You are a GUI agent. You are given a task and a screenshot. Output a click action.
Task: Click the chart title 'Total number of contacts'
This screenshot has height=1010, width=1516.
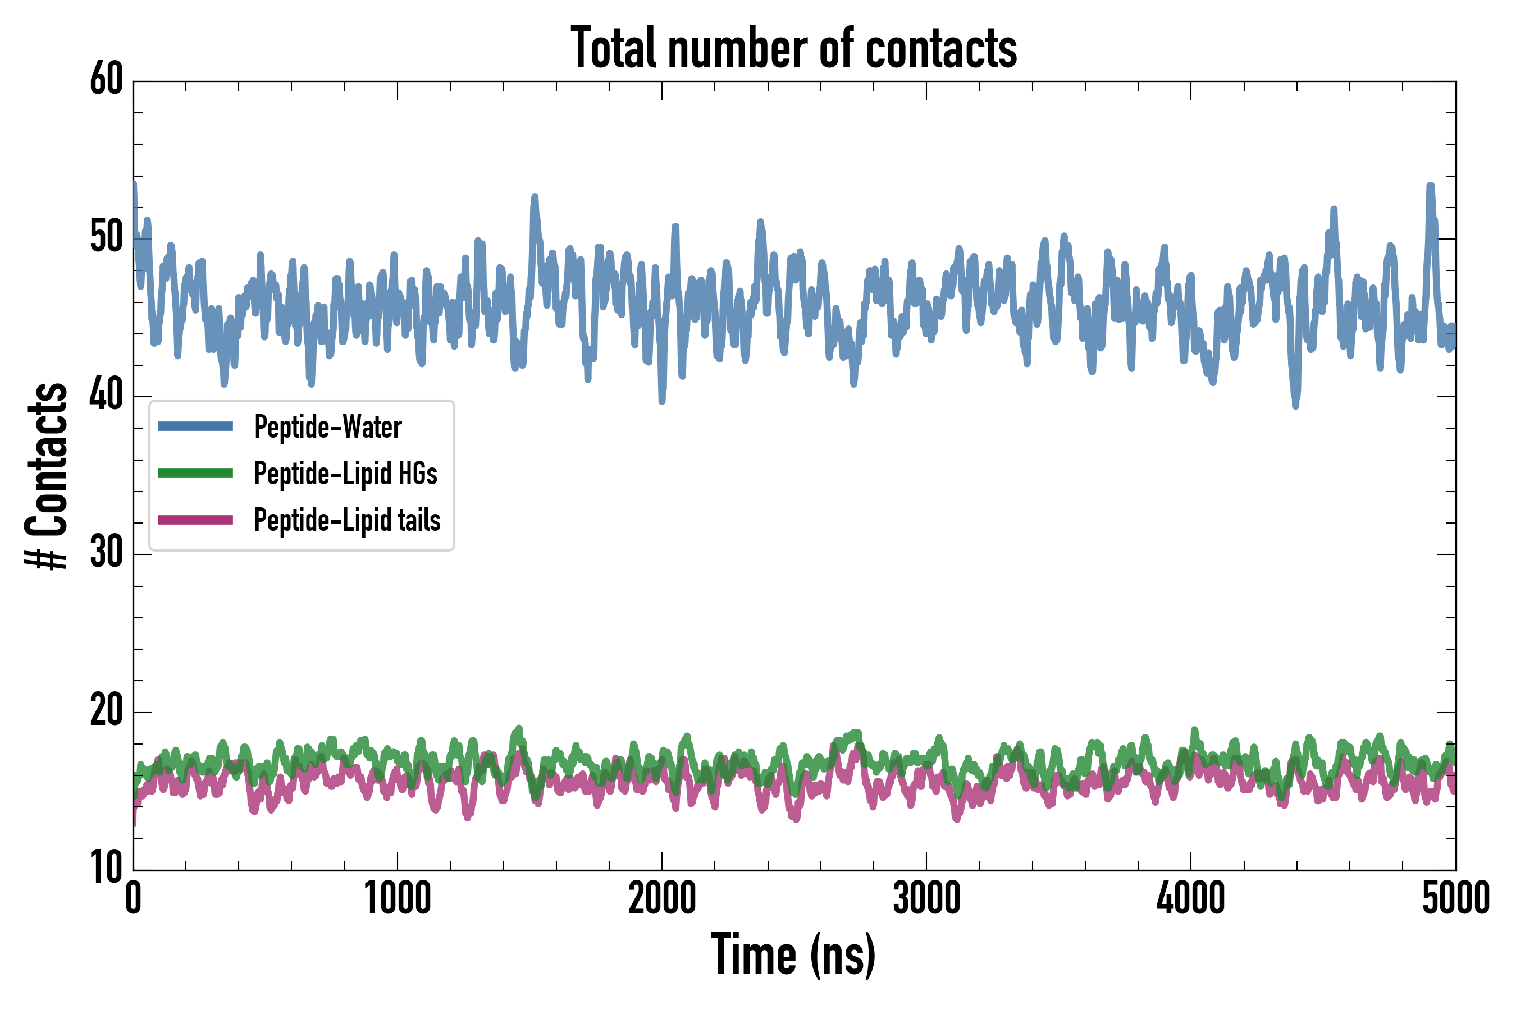tap(793, 48)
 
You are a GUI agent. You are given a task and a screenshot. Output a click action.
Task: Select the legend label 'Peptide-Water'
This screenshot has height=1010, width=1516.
tap(328, 426)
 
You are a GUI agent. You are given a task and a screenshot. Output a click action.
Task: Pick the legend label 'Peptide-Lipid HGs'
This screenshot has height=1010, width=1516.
tap(345, 474)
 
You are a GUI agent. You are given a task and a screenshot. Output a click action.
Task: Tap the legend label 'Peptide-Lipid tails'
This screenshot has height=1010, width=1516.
tap(348, 520)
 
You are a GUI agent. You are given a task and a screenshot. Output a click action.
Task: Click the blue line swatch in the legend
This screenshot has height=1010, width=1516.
tap(195, 426)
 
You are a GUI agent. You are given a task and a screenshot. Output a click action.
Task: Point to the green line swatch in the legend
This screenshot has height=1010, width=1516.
tap(195, 473)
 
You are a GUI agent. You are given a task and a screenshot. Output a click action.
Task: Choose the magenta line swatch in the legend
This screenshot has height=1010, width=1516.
tap(195, 520)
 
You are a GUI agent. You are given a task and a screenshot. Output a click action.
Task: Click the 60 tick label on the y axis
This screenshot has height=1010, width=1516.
tap(106, 80)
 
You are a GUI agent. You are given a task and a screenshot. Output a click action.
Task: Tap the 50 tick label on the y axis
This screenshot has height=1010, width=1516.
tap(106, 238)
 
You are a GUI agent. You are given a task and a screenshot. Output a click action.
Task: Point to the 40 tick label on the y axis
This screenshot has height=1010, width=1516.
tap(106, 396)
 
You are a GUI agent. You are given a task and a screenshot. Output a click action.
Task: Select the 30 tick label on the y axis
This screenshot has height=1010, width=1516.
tap(106, 553)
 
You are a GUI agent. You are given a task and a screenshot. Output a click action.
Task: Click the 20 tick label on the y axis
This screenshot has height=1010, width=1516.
tap(106, 711)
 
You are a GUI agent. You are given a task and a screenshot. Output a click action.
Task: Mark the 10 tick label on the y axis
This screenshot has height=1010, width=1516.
tap(106, 868)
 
